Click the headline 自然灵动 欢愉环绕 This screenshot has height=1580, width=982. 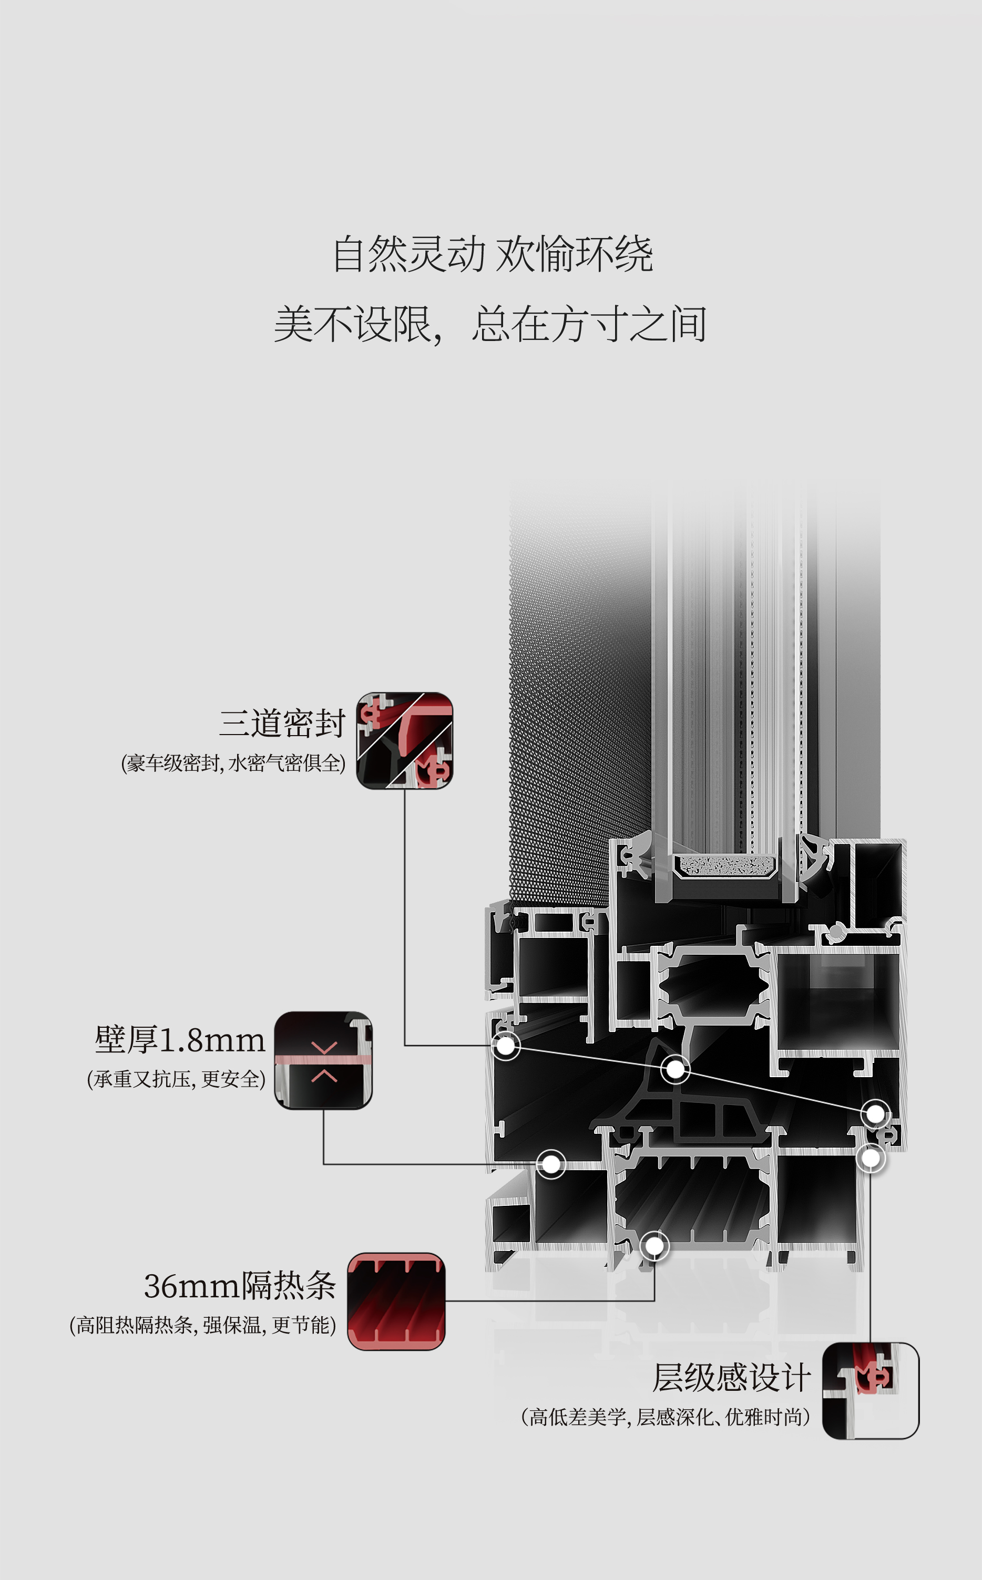492,254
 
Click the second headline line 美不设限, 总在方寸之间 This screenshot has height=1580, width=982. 490,324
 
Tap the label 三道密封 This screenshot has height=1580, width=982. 281,723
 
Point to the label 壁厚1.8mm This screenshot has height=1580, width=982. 180,1040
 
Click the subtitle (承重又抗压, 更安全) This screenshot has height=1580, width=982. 176,1079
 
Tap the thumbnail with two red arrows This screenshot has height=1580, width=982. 323,1060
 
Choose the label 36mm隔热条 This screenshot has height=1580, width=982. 240,1286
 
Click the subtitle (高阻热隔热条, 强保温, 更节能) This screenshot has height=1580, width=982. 202,1325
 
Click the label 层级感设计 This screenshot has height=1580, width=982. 731,1378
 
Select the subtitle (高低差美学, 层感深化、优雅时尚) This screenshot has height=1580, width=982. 665,1417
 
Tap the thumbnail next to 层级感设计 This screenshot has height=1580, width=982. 871,1390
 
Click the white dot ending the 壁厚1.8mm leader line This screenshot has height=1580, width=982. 551,1164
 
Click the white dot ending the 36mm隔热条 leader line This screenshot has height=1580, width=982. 654,1246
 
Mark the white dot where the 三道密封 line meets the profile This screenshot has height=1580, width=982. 505,1046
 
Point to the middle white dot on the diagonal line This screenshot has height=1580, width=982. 676,1068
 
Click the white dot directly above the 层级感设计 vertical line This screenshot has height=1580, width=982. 871,1158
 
